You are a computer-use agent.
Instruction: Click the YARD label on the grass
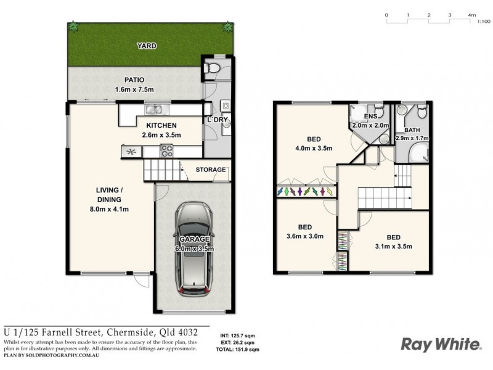147,46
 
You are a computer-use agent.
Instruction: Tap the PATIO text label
134,80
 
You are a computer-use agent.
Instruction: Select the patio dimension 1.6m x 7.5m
134,90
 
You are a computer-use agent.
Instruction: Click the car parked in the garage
194,250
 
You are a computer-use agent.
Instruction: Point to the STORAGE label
211,170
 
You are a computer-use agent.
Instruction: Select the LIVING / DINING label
108,195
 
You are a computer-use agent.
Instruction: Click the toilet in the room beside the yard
211,69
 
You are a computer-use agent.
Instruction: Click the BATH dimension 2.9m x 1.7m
412,139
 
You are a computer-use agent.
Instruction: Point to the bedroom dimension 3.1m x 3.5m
393,247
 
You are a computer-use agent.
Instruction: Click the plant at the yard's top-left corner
73,27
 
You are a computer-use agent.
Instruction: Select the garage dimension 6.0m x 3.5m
194,249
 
